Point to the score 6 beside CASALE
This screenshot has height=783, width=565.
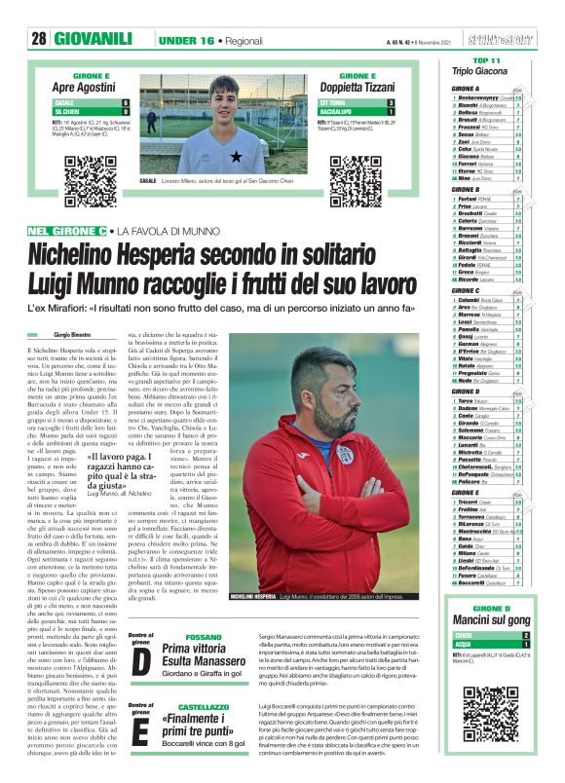(x=126, y=102)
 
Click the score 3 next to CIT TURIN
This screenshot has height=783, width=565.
(x=391, y=102)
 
